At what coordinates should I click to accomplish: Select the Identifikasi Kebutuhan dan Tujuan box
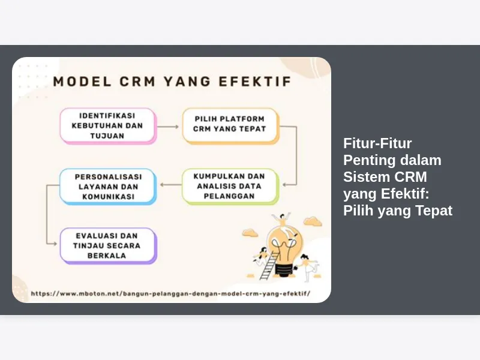(x=108, y=126)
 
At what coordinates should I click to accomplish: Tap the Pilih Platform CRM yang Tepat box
(x=230, y=126)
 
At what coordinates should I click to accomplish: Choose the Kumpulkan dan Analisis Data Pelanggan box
(x=230, y=187)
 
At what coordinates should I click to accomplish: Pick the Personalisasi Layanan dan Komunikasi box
(x=108, y=187)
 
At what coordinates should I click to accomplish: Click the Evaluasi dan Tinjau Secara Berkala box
(x=108, y=246)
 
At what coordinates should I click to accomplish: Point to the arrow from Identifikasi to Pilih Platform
(x=168, y=127)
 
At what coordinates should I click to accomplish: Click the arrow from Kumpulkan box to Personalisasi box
(x=171, y=185)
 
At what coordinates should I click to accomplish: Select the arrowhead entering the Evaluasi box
(x=55, y=244)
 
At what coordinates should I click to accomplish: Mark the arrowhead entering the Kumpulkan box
(x=284, y=185)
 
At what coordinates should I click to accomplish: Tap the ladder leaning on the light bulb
(x=269, y=266)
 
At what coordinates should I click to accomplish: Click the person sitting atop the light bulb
(x=282, y=219)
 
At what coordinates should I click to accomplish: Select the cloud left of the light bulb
(x=250, y=233)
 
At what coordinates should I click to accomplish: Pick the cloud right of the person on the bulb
(x=313, y=221)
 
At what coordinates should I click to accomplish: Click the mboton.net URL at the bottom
(x=170, y=293)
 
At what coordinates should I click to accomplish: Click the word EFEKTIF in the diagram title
(x=255, y=82)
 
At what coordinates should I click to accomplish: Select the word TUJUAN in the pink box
(x=107, y=136)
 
